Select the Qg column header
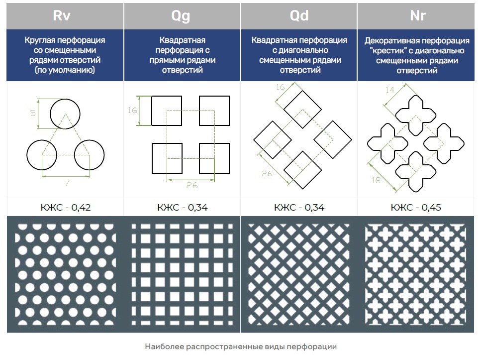[182, 15]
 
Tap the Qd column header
[299, 15]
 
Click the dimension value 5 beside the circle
[33, 113]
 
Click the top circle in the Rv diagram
[65, 114]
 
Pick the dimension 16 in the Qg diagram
[132, 111]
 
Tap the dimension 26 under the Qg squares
[192, 185]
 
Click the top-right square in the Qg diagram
[214, 111]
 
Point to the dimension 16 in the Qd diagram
[280, 88]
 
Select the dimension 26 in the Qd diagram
[267, 173]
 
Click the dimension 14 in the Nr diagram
[389, 90]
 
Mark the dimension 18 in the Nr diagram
[377, 180]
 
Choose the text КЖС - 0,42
[65, 208]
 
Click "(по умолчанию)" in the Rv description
[65, 70]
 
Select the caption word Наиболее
[163, 347]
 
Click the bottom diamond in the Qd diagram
[303, 169]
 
